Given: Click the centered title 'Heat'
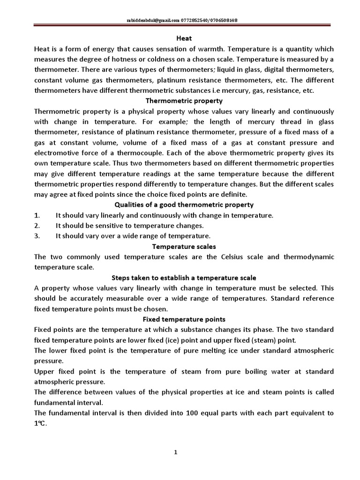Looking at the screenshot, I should (184, 38).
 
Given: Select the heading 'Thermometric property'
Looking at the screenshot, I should (184, 101).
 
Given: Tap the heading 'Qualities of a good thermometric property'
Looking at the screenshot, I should (184, 204).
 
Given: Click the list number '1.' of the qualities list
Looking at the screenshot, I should (37, 215).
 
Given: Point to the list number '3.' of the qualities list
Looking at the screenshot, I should (37, 236).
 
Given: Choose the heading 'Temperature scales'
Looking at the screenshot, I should (184, 246).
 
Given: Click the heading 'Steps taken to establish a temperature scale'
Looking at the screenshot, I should (184, 277).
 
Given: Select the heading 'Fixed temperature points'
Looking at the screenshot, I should (184, 319).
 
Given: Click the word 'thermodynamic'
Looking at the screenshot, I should (310, 257).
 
